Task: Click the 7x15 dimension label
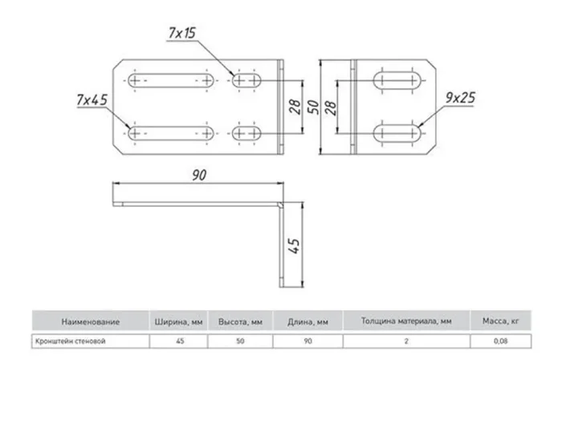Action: click(x=182, y=33)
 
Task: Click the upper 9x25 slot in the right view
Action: click(x=399, y=83)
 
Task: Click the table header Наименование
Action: click(x=92, y=322)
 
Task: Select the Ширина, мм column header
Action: click(x=179, y=322)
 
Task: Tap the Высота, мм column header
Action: click(x=241, y=322)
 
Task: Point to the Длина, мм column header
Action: click(x=307, y=322)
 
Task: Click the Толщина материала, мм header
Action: click(x=406, y=322)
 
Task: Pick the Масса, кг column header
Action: click(x=499, y=322)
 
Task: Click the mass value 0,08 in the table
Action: click(x=499, y=341)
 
